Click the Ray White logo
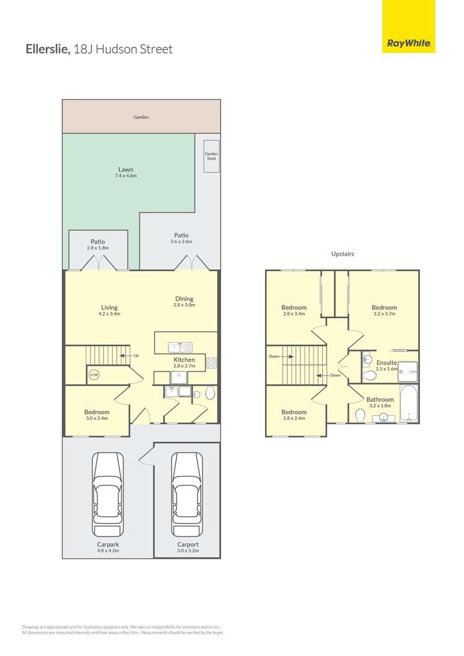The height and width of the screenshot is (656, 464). point(408,27)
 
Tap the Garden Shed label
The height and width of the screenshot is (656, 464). point(211,156)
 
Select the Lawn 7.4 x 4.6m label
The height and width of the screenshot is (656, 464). point(126,173)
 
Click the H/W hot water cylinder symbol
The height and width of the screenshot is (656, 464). point(94,375)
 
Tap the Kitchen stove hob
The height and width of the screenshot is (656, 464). point(211,363)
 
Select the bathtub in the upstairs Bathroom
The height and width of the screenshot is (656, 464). point(408,403)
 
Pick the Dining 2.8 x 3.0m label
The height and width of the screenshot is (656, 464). point(184,301)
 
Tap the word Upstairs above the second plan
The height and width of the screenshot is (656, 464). point(343,254)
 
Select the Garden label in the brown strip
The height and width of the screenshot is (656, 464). point(141,117)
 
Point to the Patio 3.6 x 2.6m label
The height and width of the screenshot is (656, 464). point(182,238)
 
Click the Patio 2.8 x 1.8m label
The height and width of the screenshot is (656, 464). point(98,244)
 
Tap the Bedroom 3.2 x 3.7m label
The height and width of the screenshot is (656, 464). point(384,310)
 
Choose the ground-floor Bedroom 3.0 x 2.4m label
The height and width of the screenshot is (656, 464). point(97,415)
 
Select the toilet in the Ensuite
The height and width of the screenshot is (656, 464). point(369,375)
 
